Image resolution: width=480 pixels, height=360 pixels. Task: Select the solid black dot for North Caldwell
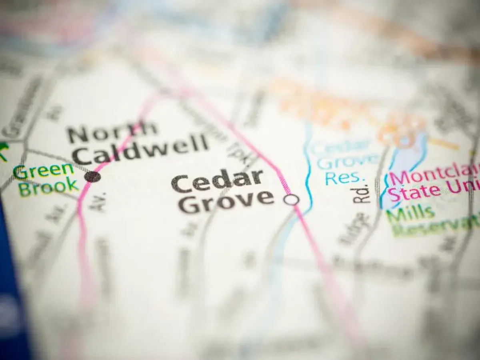(x=93, y=176)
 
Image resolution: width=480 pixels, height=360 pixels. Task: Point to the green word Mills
(x=410, y=214)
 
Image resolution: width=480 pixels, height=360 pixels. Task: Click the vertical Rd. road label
(x=362, y=193)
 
